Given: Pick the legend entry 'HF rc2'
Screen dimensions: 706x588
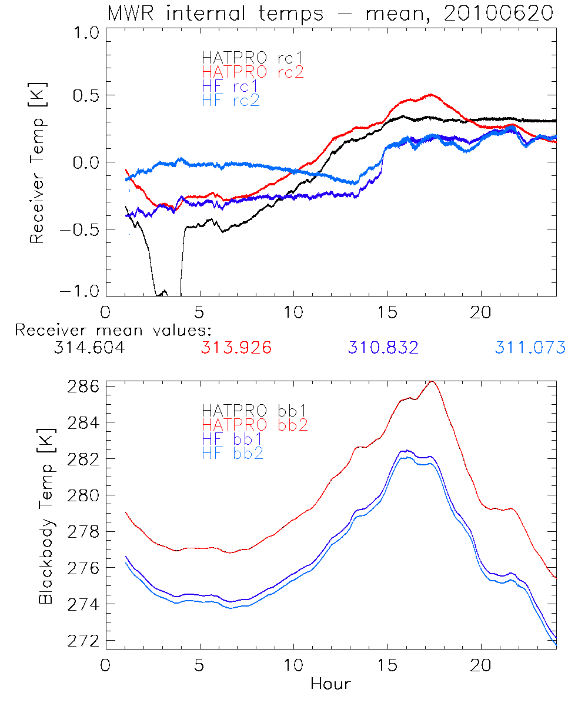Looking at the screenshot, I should [x=230, y=100].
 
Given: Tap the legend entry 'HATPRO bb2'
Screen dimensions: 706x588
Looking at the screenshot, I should [x=255, y=424].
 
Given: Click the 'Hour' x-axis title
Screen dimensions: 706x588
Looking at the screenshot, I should [x=330, y=684].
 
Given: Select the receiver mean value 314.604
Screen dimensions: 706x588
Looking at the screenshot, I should [x=89, y=348].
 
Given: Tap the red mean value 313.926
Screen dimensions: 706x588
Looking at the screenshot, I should [x=236, y=348].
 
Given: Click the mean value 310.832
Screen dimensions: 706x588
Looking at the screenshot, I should [x=383, y=348].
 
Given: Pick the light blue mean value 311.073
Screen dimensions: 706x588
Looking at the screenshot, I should [x=530, y=348].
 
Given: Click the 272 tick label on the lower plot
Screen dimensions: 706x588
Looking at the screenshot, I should [x=83, y=641].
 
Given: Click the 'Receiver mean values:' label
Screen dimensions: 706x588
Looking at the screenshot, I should [x=113, y=330].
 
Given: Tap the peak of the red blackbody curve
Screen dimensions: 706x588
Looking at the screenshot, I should [x=432, y=382].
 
